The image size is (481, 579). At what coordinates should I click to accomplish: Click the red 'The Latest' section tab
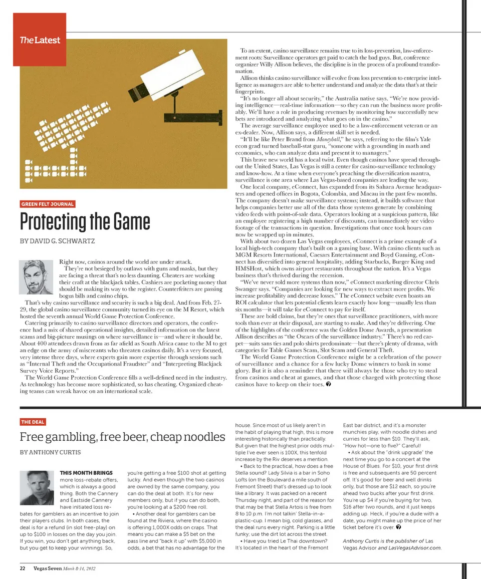click(x=39, y=40)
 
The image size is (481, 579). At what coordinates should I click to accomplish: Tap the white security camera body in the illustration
click(x=170, y=75)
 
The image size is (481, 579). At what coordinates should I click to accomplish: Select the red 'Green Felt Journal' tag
click(x=48, y=204)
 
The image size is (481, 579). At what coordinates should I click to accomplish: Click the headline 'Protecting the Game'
click(x=85, y=221)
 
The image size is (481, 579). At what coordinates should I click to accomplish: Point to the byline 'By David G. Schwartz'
click(x=57, y=241)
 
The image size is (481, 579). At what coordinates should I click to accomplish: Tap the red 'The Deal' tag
click(x=33, y=422)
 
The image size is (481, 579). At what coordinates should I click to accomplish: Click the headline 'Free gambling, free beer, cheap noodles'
click(x=122, y=437)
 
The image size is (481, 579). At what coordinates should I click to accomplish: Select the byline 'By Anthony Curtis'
click(x=50, y=452)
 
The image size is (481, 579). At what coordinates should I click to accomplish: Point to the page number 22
click(x=23, y=568)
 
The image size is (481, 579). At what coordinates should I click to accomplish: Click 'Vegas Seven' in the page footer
click(x=48, y=568)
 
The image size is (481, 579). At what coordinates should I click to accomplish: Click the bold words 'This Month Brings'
click(x=86, y=472)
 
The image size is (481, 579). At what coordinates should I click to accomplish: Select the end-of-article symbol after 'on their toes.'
click(x=328, y=384)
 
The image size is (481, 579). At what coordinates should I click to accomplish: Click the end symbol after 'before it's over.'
click(x=397, y=527)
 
